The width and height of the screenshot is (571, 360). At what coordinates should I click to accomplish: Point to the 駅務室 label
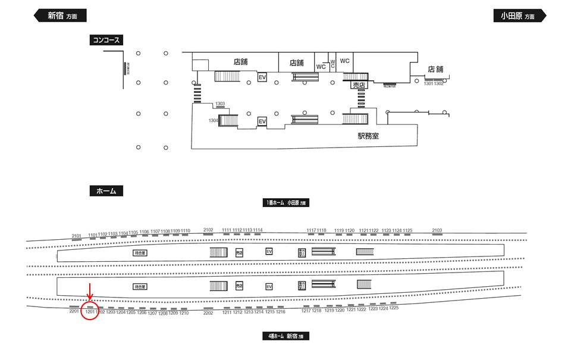pos(368,136)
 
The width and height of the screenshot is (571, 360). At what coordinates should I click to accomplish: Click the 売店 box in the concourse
pos(359,86)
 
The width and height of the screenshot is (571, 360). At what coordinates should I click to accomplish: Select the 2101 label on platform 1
pos(76,236)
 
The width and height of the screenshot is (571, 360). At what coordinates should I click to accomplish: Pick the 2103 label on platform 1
pos(437,230)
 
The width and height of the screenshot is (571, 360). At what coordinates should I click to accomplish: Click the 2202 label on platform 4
pos(208,312)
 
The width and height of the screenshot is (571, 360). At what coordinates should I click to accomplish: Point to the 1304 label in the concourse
pos(214,121)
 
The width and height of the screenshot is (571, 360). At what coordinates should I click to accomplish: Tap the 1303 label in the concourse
pos(220,104)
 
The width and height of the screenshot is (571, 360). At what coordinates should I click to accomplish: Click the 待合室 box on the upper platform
pos(140,252)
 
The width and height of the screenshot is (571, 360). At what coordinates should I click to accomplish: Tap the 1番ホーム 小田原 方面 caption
pos(288,203)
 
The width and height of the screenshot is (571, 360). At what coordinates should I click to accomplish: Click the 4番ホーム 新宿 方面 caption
pos(287,336)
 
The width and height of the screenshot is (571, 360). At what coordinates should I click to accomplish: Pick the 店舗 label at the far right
pos(436,70)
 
